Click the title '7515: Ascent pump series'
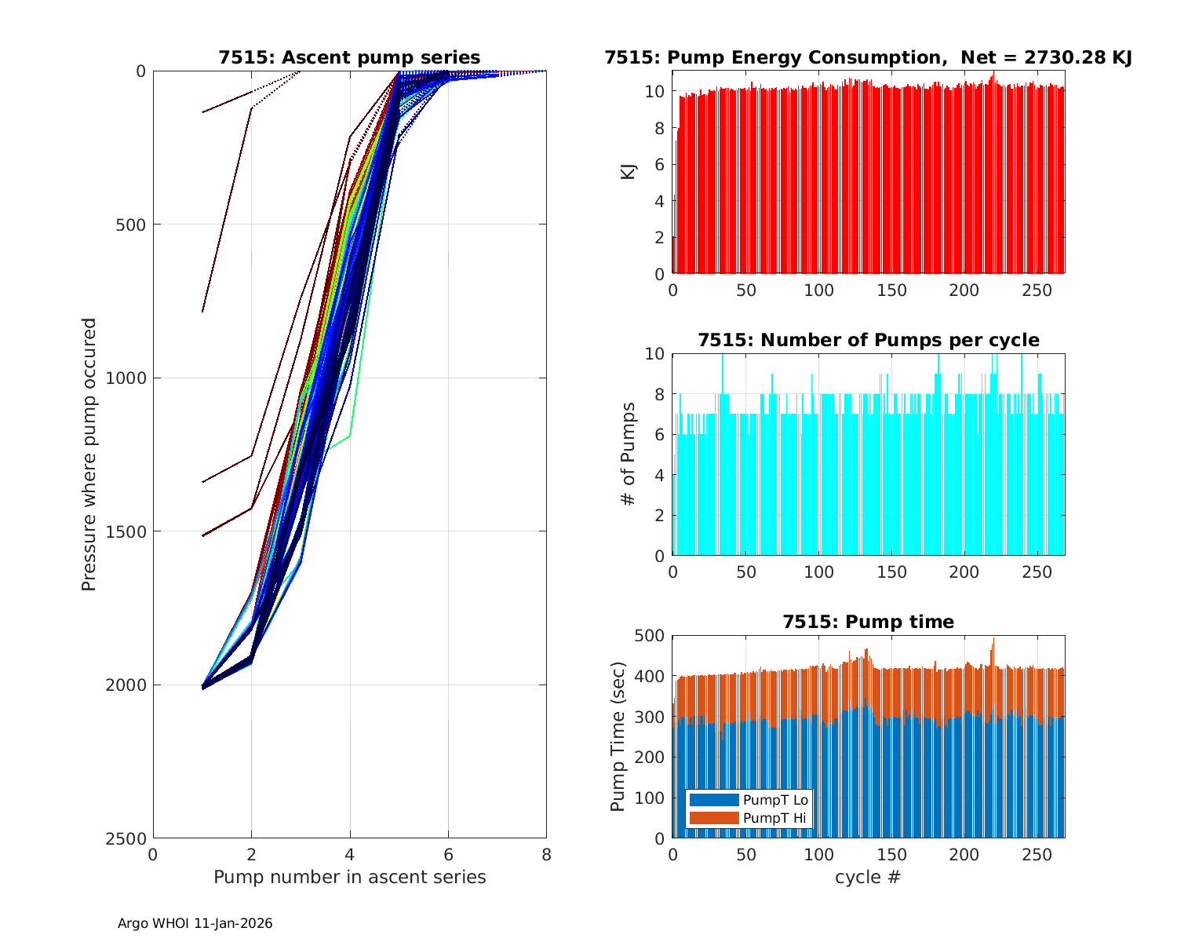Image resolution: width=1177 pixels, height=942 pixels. click(349, 57)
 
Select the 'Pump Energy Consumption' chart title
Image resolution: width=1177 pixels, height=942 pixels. click(868, 57)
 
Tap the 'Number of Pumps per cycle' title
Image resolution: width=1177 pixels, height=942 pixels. click(868, 340)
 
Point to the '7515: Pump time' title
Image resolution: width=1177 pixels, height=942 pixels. click(868, 622)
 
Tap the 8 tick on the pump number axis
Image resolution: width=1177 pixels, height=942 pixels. click(546, 854)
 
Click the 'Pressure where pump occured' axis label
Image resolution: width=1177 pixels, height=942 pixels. click(89, 454)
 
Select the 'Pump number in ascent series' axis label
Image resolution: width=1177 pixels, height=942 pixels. click(349, 877)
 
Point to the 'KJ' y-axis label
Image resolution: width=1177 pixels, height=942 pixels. click(628, 171)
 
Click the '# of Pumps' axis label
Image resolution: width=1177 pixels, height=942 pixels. click(628, 454)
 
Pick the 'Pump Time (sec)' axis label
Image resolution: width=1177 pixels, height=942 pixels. click(618, 736)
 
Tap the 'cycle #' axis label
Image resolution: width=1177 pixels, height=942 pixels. click(868, 877)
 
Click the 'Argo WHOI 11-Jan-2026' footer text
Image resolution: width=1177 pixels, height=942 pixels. click(195, 924)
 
